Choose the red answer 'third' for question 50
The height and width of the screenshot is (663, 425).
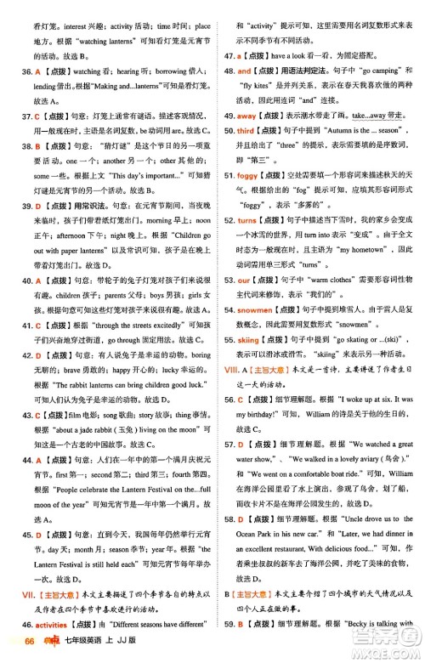[x=246, y=130]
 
